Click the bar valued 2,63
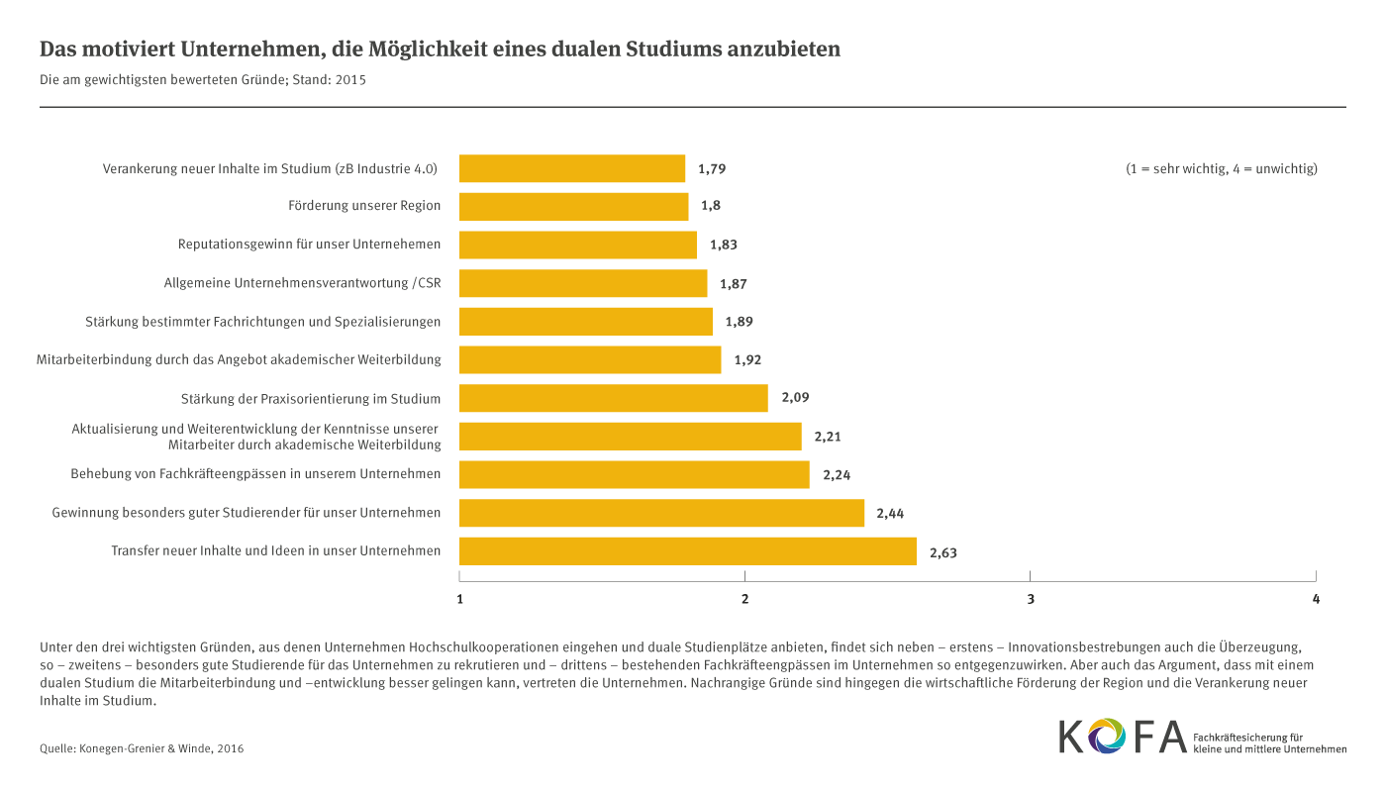688,551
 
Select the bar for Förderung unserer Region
574,207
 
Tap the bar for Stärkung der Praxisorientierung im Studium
614,398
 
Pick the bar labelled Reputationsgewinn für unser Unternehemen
578,245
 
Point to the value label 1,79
712,169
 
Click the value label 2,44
890,514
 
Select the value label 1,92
747,360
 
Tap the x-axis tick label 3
1031,599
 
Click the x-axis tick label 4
1316,599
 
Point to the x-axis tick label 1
459,599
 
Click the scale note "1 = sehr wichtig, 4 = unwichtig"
1221,168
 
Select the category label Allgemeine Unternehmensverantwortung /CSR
302,283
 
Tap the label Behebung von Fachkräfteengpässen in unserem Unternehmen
255,474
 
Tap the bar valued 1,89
586,322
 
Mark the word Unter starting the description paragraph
55,645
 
